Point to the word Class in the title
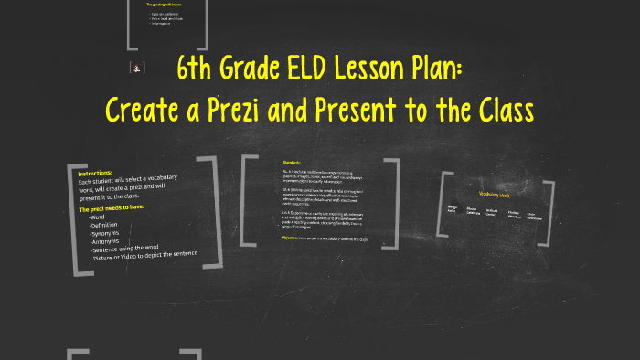[x=499, y=110]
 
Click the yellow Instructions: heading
[x=95, y=173]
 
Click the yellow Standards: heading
[x=293, y=164]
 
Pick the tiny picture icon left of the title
[x=136, y=68]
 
